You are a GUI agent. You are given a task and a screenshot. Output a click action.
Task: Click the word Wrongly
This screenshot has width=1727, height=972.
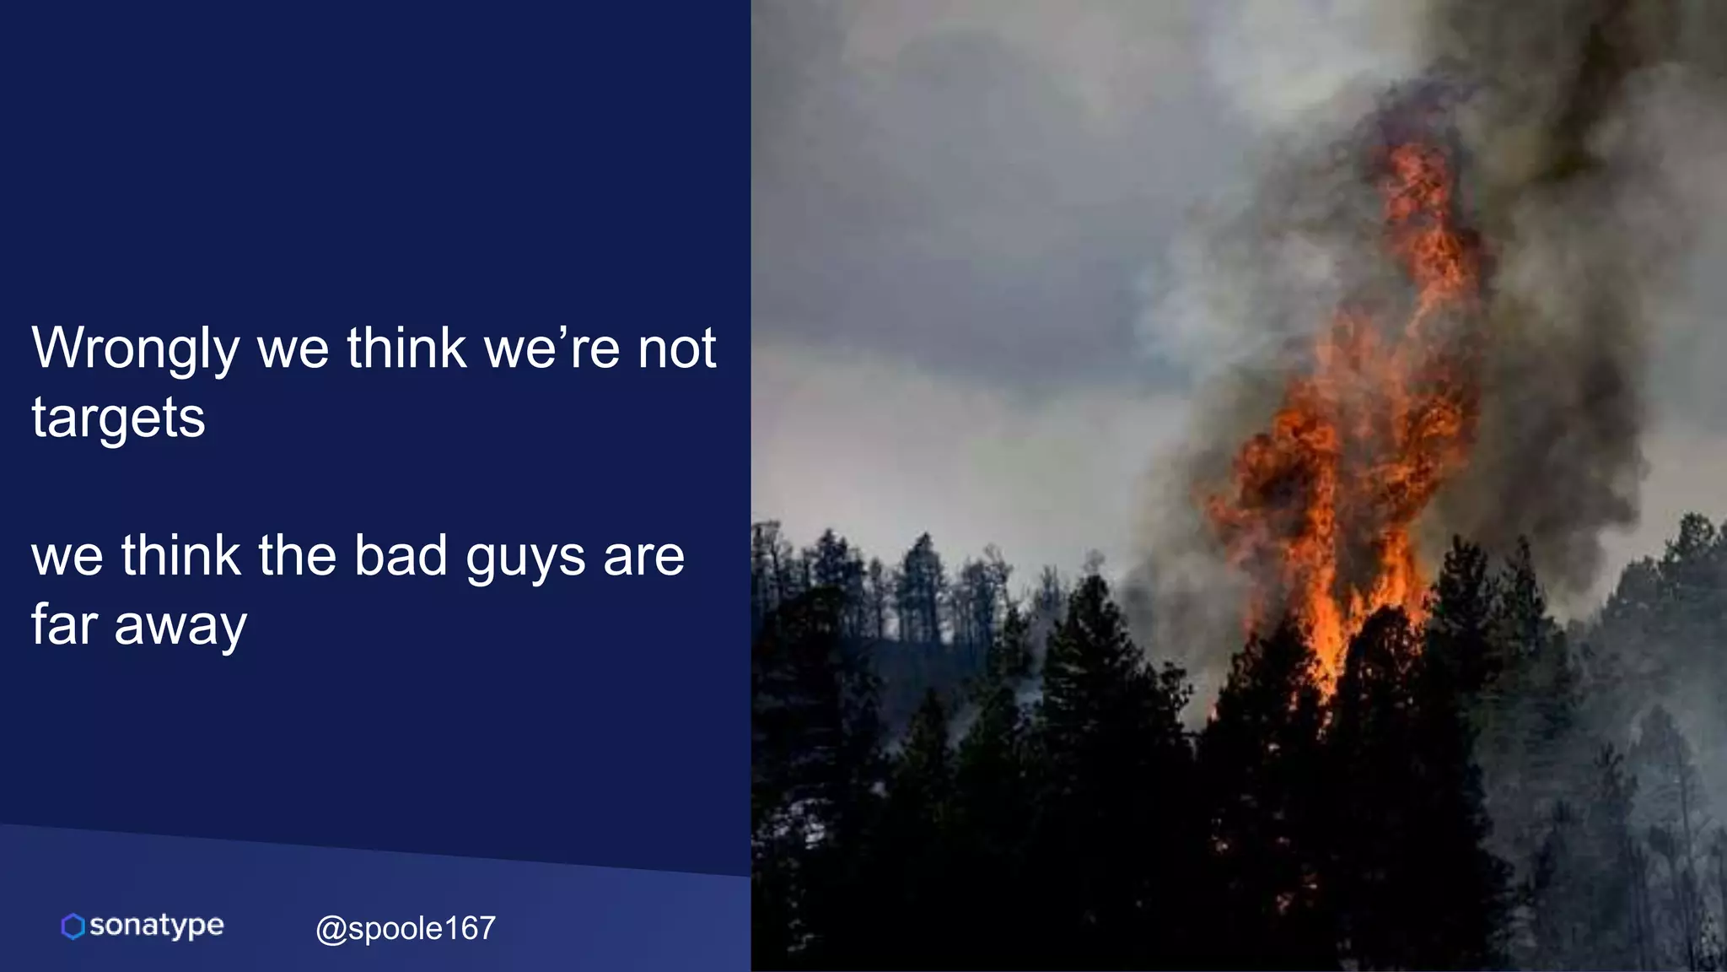coord(136,348)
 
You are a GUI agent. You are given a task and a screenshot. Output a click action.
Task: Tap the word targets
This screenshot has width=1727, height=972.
coord(118,418)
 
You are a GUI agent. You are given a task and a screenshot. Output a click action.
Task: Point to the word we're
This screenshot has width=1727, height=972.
coord(552,348)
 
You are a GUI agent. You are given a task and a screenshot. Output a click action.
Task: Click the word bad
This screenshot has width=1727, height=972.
coord(401,556)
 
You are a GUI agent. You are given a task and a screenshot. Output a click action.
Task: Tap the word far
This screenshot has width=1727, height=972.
coord(64,625)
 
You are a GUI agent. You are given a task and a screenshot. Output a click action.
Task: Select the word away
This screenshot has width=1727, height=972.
coord(180,627)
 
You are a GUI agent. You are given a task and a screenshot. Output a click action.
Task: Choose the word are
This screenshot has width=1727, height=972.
coord(644,558)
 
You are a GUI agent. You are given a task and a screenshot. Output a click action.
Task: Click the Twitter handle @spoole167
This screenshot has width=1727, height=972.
coord(406,928)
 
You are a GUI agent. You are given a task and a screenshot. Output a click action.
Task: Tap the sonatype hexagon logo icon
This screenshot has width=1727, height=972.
coord(73,926)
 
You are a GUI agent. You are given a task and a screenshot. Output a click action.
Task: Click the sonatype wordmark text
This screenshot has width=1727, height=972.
coord(157,926)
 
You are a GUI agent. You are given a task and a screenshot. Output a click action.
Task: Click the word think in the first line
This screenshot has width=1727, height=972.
coord(406,348)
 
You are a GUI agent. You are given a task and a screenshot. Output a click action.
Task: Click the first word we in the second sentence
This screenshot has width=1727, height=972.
coord(67,558)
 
